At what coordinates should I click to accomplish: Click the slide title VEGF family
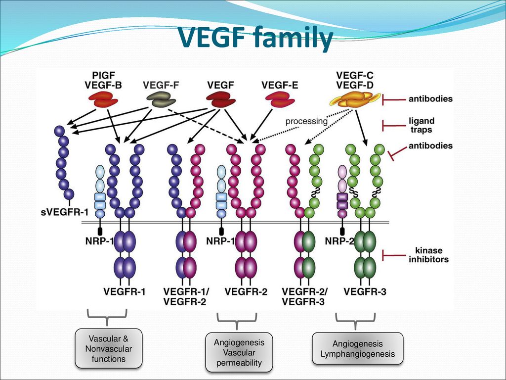point(255,38)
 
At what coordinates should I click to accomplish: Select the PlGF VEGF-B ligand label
point(103,80)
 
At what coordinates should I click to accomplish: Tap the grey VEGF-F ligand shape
point(161,99)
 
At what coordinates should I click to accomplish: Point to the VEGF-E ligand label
point(280,85)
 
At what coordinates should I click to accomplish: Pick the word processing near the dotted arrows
point(306,121)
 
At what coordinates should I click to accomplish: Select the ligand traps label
point(422,125)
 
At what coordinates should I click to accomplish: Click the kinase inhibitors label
point(428,255)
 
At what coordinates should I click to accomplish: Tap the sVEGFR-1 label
point(65,213)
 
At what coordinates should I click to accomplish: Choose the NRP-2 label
point(339,241)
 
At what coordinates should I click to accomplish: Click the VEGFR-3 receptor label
point(365,292)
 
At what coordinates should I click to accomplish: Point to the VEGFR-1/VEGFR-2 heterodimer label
point(186,296)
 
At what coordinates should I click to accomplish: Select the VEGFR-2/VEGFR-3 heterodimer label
point(304,296)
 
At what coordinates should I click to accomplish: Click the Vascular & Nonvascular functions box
point(109,348)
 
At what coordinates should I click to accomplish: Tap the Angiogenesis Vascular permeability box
point(239,352)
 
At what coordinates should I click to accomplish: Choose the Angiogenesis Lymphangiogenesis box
point(358,348)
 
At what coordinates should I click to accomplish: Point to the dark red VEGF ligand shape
point(221,99)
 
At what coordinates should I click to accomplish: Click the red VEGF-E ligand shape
point(280,99)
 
